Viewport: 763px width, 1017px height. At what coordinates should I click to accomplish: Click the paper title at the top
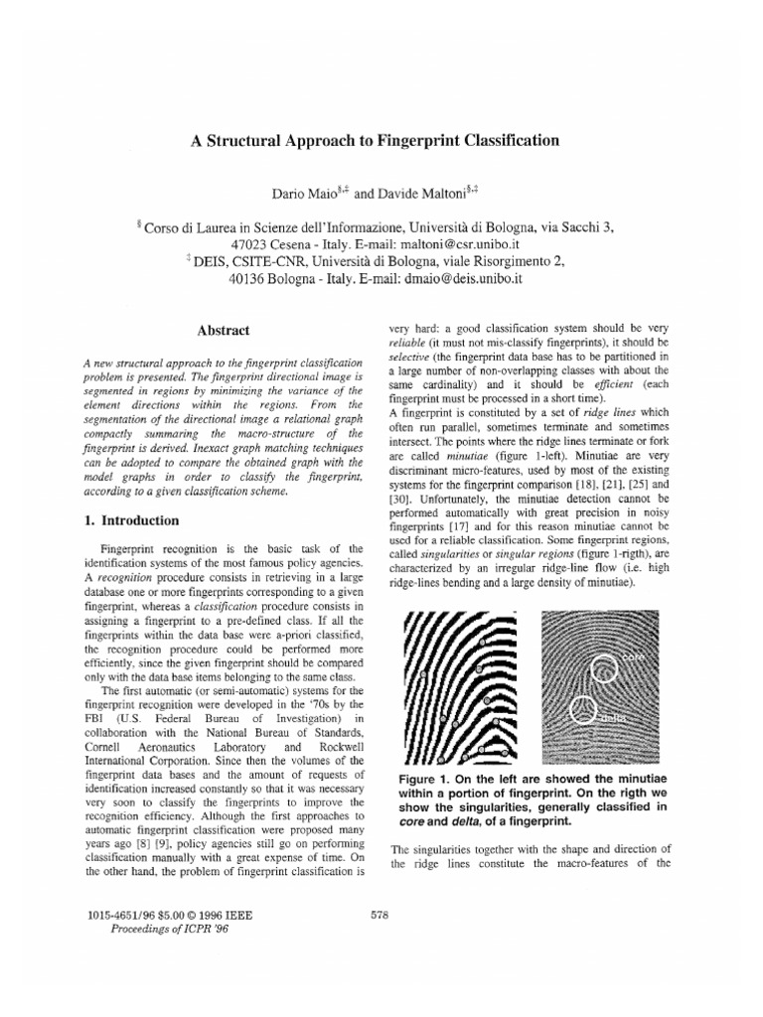(x=375, y=141)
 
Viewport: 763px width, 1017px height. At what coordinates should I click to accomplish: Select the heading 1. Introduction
(x=131, y=520)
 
